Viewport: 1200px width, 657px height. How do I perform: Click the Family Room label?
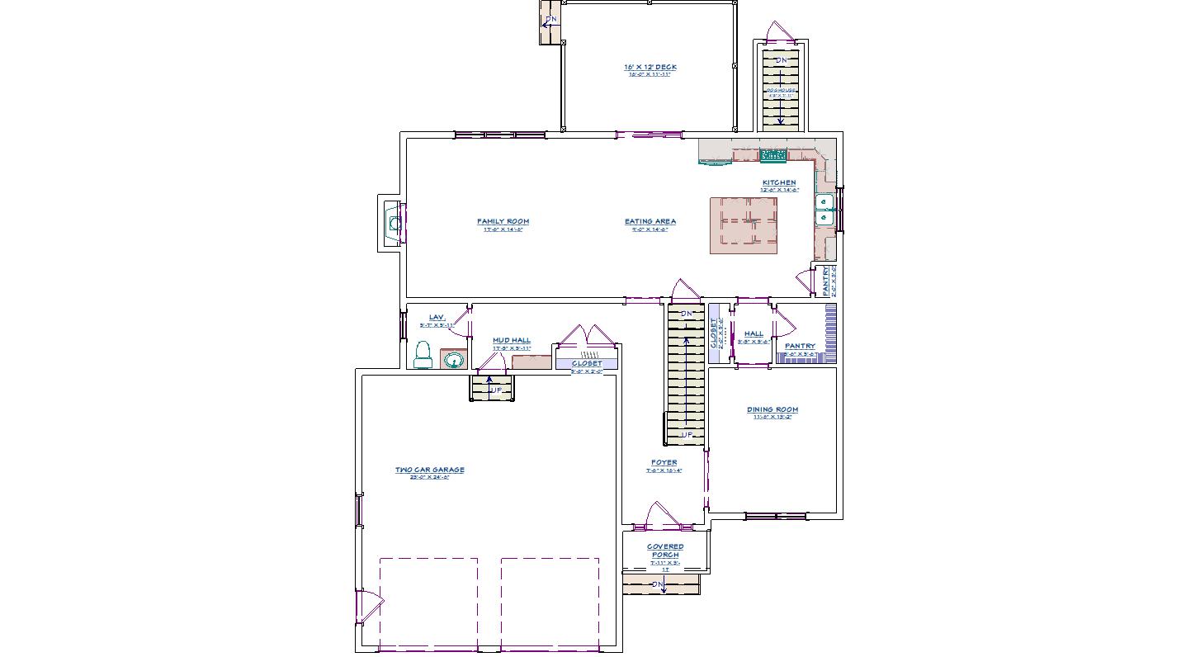pos(503,221)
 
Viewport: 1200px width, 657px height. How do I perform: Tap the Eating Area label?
pos(650,221)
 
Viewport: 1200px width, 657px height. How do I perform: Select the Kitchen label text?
pos(779,182)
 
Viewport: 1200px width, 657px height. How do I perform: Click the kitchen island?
pos(744,225)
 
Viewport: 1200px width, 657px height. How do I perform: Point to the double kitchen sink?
pos(824,210)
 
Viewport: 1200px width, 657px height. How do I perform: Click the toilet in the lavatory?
pos(423,355)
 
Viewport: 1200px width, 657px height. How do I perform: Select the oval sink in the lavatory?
pos(452,360)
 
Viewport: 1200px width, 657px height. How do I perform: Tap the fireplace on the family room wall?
pos(393,222)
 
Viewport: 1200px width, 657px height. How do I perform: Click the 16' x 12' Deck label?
pos(650,68)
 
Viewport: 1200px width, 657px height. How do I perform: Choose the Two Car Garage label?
pos(429,470)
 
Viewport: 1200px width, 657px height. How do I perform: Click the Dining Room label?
pos(772,409)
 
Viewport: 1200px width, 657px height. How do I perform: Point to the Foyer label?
pos(664,463)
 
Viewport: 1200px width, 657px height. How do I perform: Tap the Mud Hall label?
pos(511,340)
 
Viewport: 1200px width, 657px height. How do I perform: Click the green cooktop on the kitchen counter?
pos(772,154)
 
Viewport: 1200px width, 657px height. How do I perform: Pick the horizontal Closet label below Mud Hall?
pos(587,363)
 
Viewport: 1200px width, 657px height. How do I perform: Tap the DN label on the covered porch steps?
pos(658,584)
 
